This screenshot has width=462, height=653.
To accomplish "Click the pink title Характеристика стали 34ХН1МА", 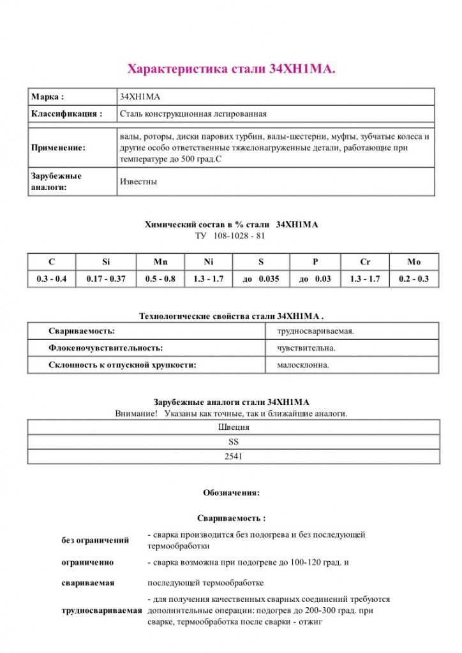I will pyautogui.click(x=231, y=69).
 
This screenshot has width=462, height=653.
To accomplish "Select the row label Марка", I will pyautogui.click(x=47, y=97).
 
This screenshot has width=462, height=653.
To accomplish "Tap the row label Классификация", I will pyautogui.click(x=66, y=114).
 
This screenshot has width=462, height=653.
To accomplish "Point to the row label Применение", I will pyautogui.click(x=58, y=147).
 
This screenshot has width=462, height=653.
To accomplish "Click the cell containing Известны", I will pyautogui.click(x=138, y=182).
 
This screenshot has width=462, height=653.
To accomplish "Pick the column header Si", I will pyautogui.click(x=106, y=262).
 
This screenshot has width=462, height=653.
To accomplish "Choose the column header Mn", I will pyautogui.click(x=160, y=262).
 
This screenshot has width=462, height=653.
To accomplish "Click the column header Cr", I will pyautogui.click(x=365, y=262).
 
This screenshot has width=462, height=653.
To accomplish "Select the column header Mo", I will pyautogui.click(x=414, y=262).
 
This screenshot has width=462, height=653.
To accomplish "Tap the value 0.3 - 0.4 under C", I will pyautogui.click(x=52, y=279).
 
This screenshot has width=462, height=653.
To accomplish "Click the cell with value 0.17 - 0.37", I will pyautogui.click(x=106, y=279).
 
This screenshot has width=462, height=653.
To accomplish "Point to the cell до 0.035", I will pyautogui.click(x=261, y=279).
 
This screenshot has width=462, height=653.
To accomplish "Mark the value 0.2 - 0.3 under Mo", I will pyautogui.click(x=414, y=279).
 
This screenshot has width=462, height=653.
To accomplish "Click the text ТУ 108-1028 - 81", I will pyautogui.click(x=230, y=235).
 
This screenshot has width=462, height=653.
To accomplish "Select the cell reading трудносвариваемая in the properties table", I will pyautogui.click(x=315, y=332).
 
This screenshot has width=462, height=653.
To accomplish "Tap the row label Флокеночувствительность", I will pyautogui.click(x=106, y=348).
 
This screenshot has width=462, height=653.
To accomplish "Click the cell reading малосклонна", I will pyautogui.click(x=303, y=365).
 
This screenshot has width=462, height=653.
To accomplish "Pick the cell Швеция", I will pyautogui.click(x=234, y=427).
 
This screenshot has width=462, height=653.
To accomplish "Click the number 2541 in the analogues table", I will pyautogui.click(x=234, y=457).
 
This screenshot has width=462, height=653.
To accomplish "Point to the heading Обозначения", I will pyautogui.click(x=231, y=493).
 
